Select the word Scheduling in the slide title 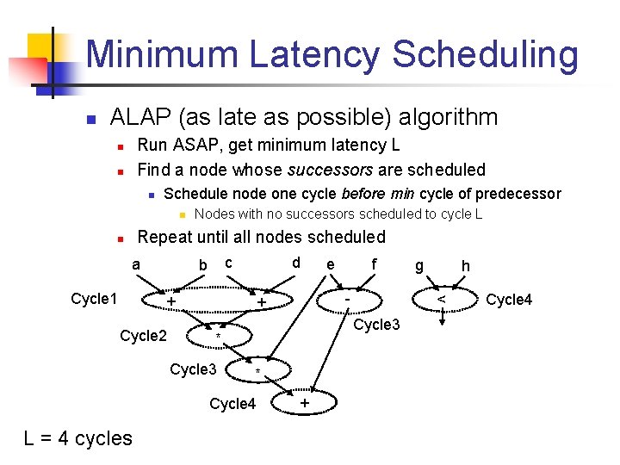[486, 54]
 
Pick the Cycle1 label [93, 299]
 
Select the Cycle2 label [143, 336]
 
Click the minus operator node [346, 299]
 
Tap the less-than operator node [441, 299]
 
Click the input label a [137, 263]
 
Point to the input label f [374, 264]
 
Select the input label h [465, 266]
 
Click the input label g [419, 267]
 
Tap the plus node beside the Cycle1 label [171, 301]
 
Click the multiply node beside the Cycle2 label [219, 336]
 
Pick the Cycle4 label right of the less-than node [509, 300]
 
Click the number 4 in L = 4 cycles [64, 438]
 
